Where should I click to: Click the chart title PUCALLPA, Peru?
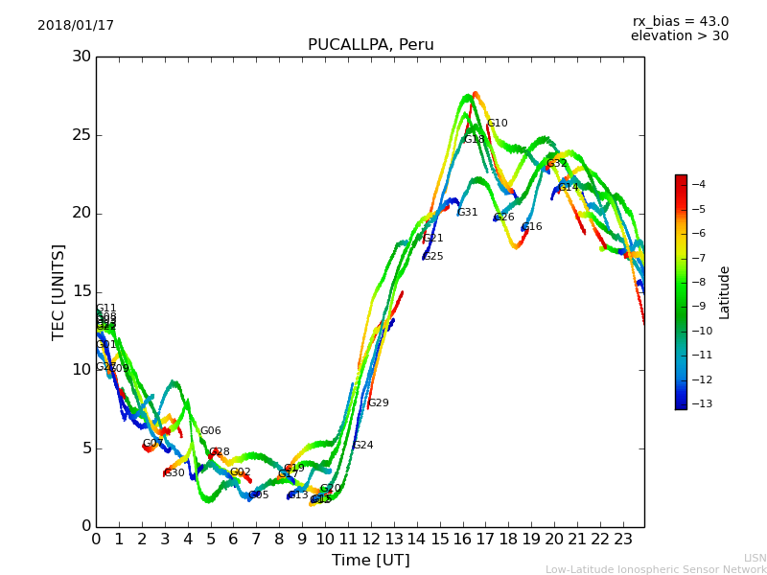370,45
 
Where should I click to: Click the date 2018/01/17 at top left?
76,26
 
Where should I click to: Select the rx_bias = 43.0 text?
680,22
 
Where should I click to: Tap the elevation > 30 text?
679,36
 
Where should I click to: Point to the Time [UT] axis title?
370,560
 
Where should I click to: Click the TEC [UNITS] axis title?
59,291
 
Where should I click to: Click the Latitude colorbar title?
725,292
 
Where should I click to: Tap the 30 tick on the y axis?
81,57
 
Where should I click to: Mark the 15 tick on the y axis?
81,291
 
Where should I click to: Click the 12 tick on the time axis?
371,539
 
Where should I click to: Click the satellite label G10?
498,124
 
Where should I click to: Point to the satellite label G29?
379,403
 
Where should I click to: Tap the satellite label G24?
363,446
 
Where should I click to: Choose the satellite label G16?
532,227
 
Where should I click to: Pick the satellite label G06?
210,431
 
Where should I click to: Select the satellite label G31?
467,213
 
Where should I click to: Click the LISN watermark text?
755,558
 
